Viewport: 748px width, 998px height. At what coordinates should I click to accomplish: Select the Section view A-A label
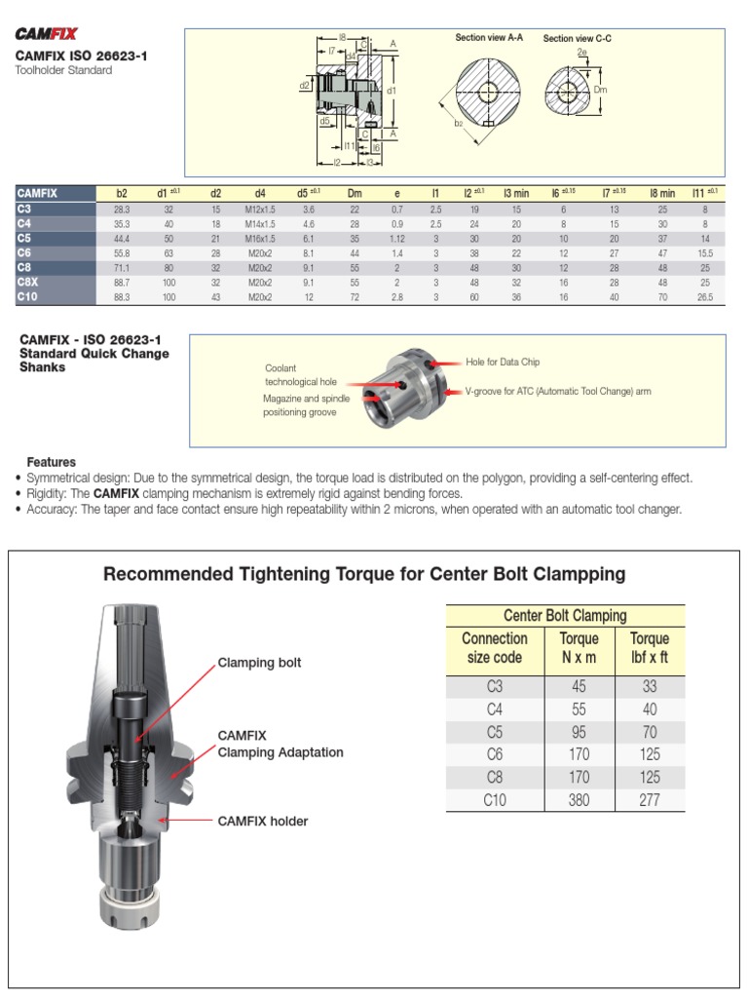pyautogui.click(x=489, y=38)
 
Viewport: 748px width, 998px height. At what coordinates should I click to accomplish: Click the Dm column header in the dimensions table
pyautogui.click(x=355, y=194)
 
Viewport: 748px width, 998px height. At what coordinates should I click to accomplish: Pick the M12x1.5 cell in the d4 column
pyautogui.click(x=261, y=210)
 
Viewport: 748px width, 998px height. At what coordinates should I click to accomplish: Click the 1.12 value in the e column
pyautogui.click(x=396, y=239)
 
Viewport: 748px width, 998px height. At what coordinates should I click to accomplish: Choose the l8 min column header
pyautogui.click(x=661, y=194)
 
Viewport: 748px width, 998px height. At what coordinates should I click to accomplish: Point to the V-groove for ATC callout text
pyautogui.click(x=558, y=391)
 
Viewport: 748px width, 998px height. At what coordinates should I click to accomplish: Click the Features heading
pyautogui.click(x=52, y=462)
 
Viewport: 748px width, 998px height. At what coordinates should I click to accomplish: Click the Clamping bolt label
pyautogui.click(x=259, y=663)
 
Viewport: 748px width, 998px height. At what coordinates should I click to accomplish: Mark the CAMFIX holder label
pyautogui.click(x=262, y=822)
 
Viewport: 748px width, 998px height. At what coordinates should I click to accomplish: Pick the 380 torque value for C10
pyautogui.click(x=580, y=800)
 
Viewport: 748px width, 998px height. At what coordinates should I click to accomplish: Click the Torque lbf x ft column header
pyautogui.click(x=650, y=648)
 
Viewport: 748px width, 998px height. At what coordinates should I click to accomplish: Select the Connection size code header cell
pyautogui.click(x=494, y=648)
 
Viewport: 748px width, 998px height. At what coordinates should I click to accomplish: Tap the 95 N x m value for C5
pyautogui.click(x=580, y=732)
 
